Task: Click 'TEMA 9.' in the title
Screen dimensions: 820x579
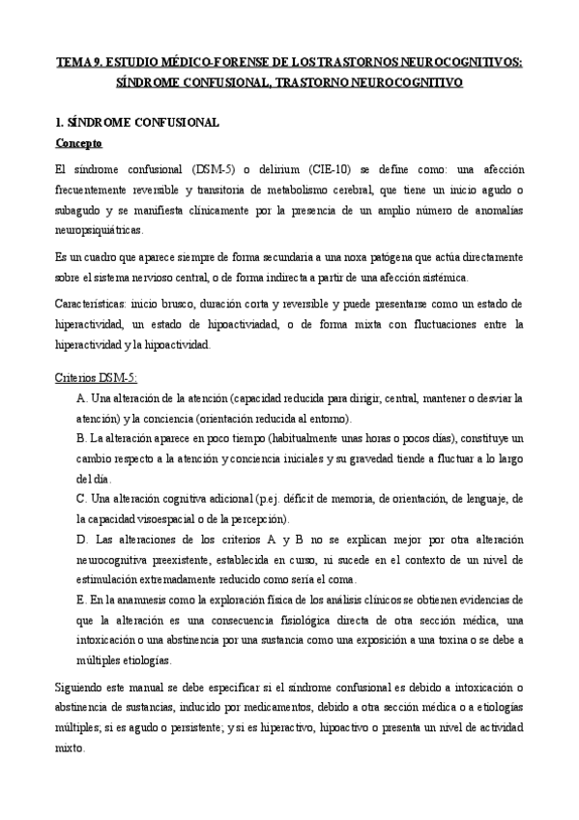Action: pyautogui.click(x=77, y=64)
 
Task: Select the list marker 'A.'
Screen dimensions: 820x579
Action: pyautogui.click(x=81, y=397)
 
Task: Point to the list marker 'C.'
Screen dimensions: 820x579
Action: pyautogui.click(x=81, y=498)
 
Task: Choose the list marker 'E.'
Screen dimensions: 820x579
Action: pyautogui.click(x=81, y=600)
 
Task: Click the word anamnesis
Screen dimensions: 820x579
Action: pyautogui.click(x=145, y=600)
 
